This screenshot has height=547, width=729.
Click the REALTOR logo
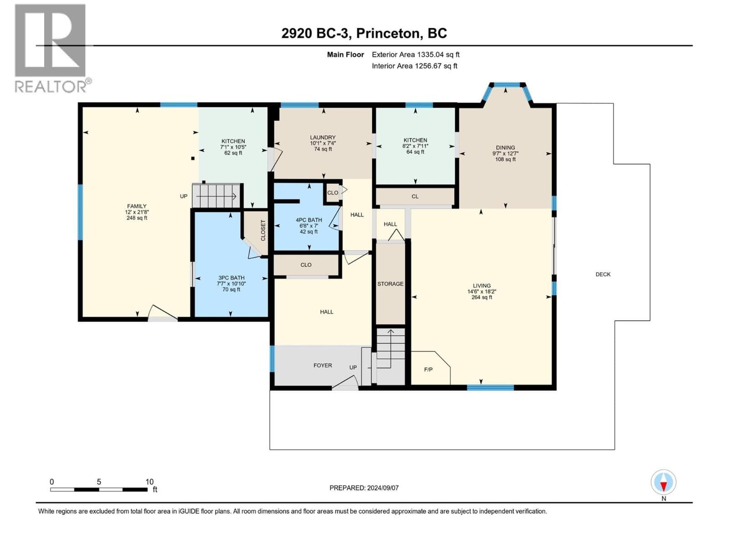pyautogui.click(x=52, y=48)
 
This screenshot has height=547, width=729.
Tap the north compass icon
pyautogui.click(x=663, y=482)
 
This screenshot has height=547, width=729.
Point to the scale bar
pyautogui.click(x=99, y=489)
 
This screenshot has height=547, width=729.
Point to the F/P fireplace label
pyautogui.click(x=428, y=369)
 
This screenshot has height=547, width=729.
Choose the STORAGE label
pyautogui.click(x=390, y=284)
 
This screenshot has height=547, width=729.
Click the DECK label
pyautogui.click(x=603, y=274)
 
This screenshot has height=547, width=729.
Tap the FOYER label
pyautogui.click(x=323, y=365)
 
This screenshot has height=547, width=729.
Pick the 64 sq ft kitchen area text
pyautogui.click(x=415, y=152)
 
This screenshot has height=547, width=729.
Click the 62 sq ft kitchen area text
pyautogui.click(x=233, y=153)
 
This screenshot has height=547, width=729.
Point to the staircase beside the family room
pyautogui.click(x=216, y=196)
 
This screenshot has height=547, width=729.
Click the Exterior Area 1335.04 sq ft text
pyautogui.click(x=416, y=54)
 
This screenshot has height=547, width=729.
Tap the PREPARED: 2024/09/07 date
pyautogui.click(x=364, y=488)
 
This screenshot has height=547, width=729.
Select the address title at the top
pyautogui.click(x=364, y=33)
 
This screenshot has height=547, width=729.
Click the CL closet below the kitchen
pyautogui.click(x=415, y=196)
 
